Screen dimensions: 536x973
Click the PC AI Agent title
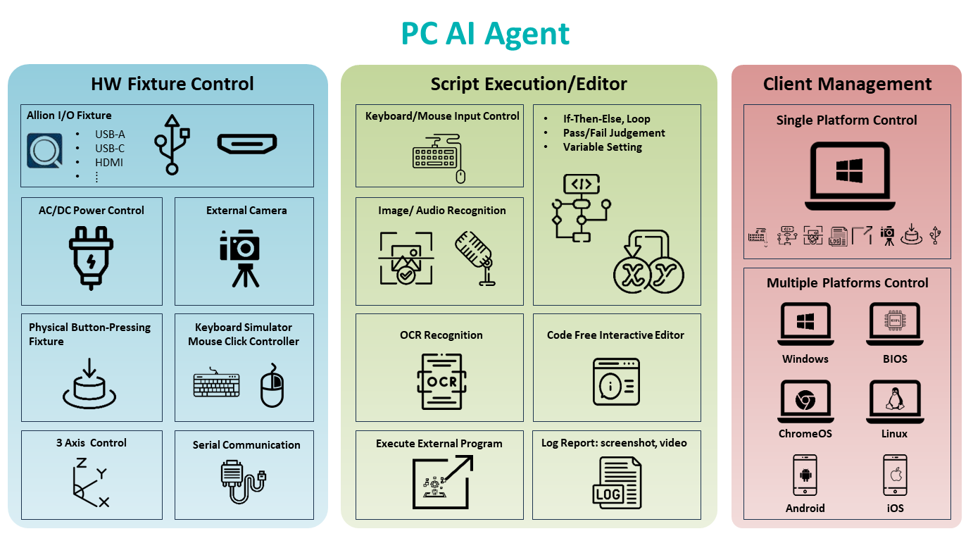tap(485, 33)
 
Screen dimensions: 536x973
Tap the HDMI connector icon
tap(246, 144)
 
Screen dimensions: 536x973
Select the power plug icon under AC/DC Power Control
tap(91, 256)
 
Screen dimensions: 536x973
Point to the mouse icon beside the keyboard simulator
tap(272, 385)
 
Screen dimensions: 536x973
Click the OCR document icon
tap(441, 381)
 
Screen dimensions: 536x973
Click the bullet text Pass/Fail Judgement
tap(613, 132)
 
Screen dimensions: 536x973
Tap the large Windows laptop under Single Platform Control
tap(849, 176)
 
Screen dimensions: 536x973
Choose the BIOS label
tap(894, 359)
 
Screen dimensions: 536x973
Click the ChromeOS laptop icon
tap(805, 402)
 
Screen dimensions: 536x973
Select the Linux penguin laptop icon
tap(894, 402)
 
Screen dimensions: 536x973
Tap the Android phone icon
tap(805, 475)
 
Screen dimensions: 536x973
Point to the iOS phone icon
tap(895, 475)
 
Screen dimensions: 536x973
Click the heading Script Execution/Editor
tap(529, 84)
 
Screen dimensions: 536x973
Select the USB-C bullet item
tap(110, 148)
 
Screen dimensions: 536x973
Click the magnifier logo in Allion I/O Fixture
tap(44, 150)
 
